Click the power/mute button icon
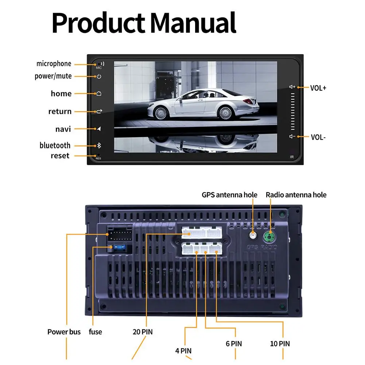click(x=98, y=77)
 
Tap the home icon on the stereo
click(x=98, y=94)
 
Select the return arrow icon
click(x=98, y=111)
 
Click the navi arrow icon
click(x=98, y=129)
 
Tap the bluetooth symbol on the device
click(x=98, y=145)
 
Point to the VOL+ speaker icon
click(x=292, y=87)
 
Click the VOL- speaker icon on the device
click(x=292, y=137)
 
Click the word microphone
click(x=54, y=64)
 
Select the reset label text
click(x=60, y=156)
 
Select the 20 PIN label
click(x=142, y=332)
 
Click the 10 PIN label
click(x=280, y=343)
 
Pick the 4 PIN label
click(x=183, y=351)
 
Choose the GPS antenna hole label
click(x=229, y=195)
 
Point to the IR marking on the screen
click(x=292, y=157)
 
